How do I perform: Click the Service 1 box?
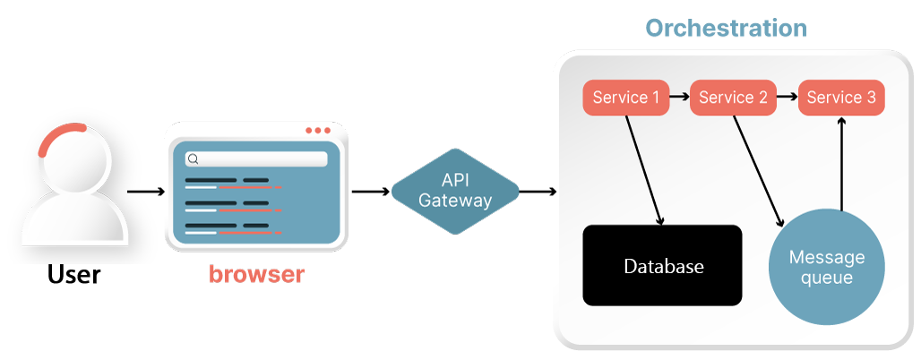point(626,98)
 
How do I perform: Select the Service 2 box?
point(733,98)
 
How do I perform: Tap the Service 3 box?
point(841,98)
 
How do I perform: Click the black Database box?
point(663,266)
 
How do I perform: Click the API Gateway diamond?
point(455,191)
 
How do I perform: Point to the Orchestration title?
point(726,29)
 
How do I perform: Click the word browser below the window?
point(256,275)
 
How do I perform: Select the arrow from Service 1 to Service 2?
point(680,94)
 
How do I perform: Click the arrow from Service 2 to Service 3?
point(788,94)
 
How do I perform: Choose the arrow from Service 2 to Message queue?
point(759,170)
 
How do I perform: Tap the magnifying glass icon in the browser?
point(192,159)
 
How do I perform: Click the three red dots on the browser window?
point(317,131)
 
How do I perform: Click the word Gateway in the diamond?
point(455,201)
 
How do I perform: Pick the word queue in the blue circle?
point(826,279)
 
